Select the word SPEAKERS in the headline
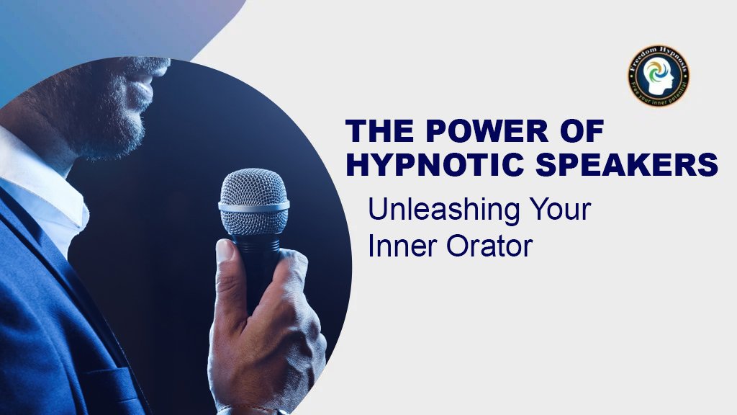[x=633, y=165]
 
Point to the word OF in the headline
[x=580, y=132]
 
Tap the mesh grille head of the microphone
[x=253, y=187]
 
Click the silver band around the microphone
[x=253, y=207]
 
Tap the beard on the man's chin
[x=119, y=133]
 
